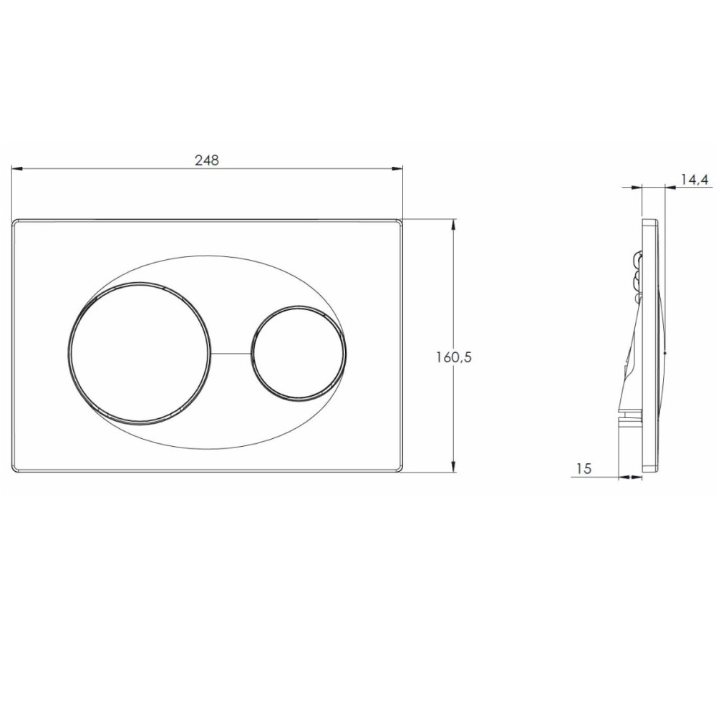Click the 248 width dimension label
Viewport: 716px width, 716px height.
[207, 160]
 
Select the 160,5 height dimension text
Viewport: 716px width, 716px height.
[453, 357]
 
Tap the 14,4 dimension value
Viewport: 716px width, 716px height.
[694, 180]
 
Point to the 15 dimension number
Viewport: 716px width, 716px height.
[584, 468]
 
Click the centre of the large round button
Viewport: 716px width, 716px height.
[140, 352]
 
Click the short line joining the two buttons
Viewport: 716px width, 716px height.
[231, 353]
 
